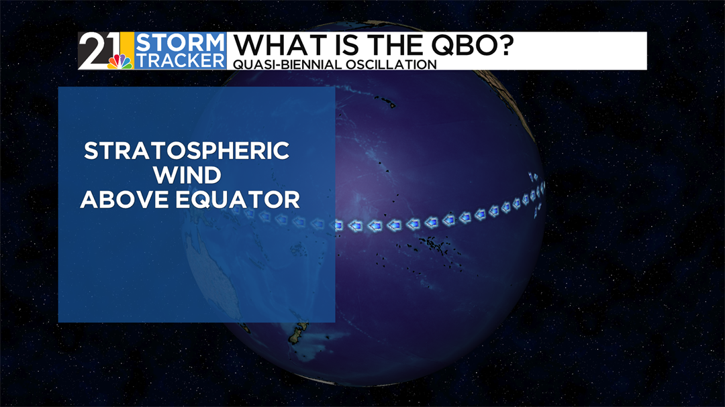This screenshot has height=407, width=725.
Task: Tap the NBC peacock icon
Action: pyautogui.click(x=119, y=62)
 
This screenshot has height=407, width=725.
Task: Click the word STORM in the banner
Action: pyautogui.click(x=180, y=43)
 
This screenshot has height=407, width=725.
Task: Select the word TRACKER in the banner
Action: pyautogui.click(x=180, y=60)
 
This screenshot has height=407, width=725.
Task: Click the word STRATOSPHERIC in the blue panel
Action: pyautogui.click(x=187, y=151)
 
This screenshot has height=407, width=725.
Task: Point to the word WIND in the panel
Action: pyautogui.click(x=187, y=175)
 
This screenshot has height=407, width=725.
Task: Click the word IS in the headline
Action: pyautogui.click(x=344, y=46)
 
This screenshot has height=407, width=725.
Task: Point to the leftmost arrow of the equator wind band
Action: pyautogui.click(x=236, y=210)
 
